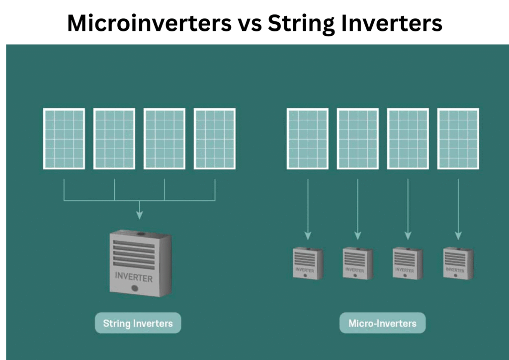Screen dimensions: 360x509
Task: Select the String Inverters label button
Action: (138, 323)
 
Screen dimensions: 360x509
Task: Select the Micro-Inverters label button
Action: (382, 323)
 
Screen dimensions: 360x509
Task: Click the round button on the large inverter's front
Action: (134, 288)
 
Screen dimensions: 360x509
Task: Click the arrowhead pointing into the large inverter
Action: (139, 215)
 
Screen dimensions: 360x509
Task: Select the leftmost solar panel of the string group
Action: (64, 139)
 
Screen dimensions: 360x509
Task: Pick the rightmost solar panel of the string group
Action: (215, 139)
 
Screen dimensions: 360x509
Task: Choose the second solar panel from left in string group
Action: (114, 139)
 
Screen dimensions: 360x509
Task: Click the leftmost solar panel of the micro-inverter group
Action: (308, 139)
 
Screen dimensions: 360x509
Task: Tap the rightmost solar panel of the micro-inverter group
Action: (458, 139)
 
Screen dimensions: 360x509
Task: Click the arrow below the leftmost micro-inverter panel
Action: (308, 209)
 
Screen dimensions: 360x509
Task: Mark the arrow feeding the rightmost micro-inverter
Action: (458, 209)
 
